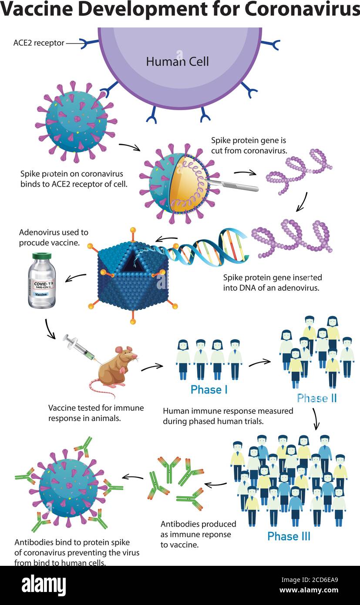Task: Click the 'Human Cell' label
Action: pos(177,61)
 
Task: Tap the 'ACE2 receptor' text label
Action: pos(39,43)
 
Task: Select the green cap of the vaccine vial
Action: pos(42,256)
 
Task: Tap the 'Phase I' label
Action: pos(209,390)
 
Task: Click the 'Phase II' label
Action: pos(316,398)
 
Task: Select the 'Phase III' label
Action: pos(289,536)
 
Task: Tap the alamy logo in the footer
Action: pos(44,585)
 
